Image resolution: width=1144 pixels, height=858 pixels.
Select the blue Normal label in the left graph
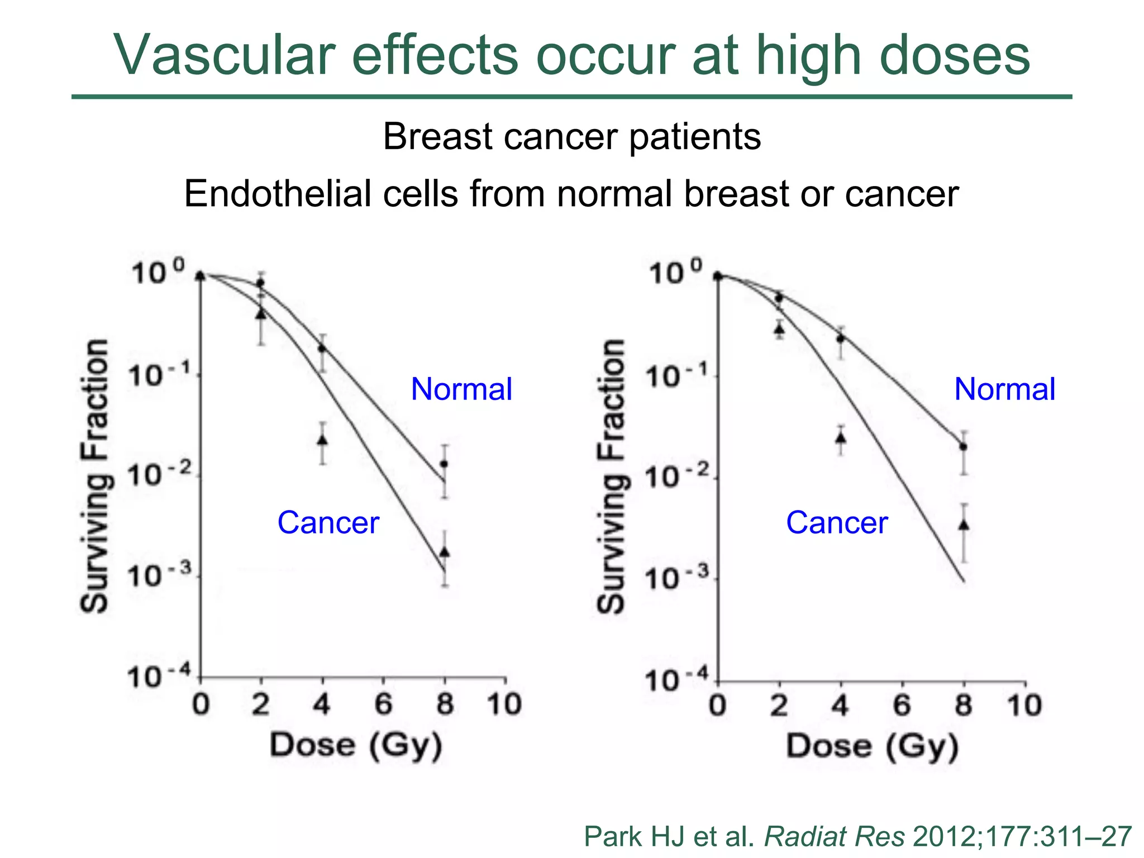click(461, 389)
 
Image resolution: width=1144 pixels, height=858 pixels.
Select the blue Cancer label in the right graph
click(836, 523)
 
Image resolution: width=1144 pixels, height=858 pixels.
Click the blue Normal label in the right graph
click(1004, 389)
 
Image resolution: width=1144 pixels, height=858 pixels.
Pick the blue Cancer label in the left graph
click(328, 523)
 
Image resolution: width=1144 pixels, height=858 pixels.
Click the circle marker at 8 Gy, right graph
click(963, 446)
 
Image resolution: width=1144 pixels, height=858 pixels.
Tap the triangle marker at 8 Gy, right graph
click(964, 525)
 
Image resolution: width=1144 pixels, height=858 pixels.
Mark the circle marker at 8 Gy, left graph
click(444, 464)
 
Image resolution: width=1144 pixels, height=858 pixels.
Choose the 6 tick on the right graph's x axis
click(902, 706)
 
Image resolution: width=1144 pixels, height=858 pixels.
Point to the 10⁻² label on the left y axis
click(160, 476)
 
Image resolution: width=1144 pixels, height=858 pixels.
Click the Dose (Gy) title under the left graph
click(356, 746)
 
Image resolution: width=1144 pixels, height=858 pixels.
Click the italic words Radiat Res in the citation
click(834, 837)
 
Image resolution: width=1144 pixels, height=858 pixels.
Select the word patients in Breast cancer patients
click(695, 137)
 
